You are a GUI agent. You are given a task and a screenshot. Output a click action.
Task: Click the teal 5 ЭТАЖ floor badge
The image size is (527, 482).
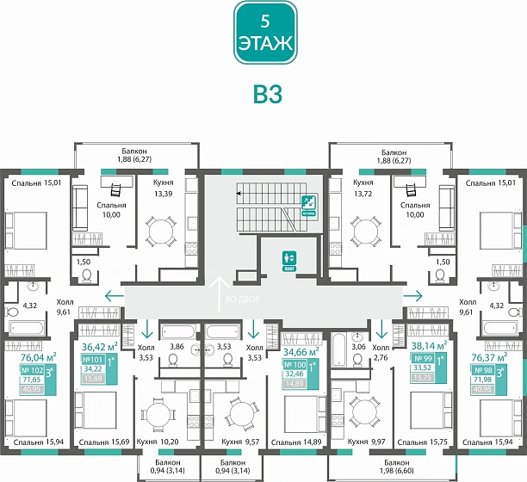[x=264, y=32]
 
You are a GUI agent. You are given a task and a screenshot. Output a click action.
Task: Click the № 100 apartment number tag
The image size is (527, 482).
[x=294, y=366]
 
